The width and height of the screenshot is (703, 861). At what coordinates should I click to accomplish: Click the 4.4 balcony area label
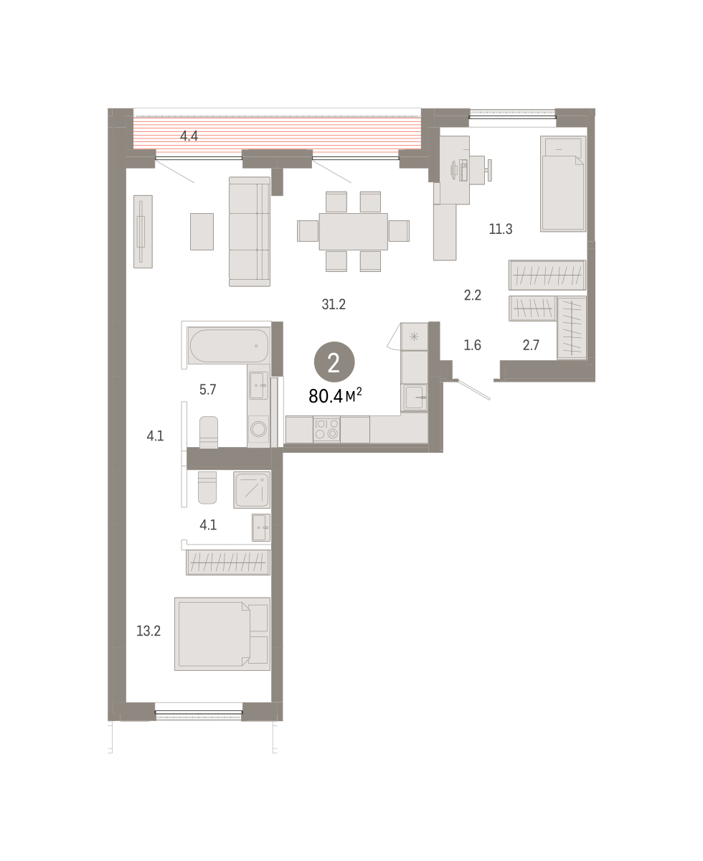coord(189,136)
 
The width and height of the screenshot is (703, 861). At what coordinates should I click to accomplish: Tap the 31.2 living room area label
coord(334,304)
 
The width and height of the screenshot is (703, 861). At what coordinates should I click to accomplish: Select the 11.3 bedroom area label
coord(501,229)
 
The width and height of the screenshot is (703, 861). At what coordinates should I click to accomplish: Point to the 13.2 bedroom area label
coord(148,631)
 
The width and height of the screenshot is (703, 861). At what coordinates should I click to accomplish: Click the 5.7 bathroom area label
coord(208,390)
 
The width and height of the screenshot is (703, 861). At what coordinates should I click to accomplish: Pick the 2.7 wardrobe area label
coord(531,345)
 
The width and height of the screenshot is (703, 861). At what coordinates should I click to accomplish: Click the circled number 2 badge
coord(334,362)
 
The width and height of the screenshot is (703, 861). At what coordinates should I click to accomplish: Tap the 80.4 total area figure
coord(326,396)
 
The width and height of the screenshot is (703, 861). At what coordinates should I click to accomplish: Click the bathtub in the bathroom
coord(229,345)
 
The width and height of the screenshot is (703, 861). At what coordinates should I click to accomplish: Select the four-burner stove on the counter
coord(326,428)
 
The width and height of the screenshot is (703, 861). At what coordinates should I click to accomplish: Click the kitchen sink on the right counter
coord(415,397)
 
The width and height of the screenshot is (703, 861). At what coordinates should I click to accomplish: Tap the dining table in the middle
coord(353,231)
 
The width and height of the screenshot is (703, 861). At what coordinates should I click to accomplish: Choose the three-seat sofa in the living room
coord(250,232)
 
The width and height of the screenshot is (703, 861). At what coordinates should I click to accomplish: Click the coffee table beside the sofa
coord(202,232)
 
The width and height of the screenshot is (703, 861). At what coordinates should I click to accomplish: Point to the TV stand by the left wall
coord(143,232)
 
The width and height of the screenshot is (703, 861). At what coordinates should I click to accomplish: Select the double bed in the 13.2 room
coord(222,634)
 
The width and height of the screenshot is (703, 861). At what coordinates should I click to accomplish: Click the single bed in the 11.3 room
coord(563,184)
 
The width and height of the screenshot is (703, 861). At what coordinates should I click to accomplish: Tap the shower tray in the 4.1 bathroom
coord(252,490)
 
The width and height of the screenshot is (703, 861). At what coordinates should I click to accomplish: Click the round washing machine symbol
coord(258,429)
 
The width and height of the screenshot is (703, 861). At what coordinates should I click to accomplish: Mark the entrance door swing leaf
coord(474,390)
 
